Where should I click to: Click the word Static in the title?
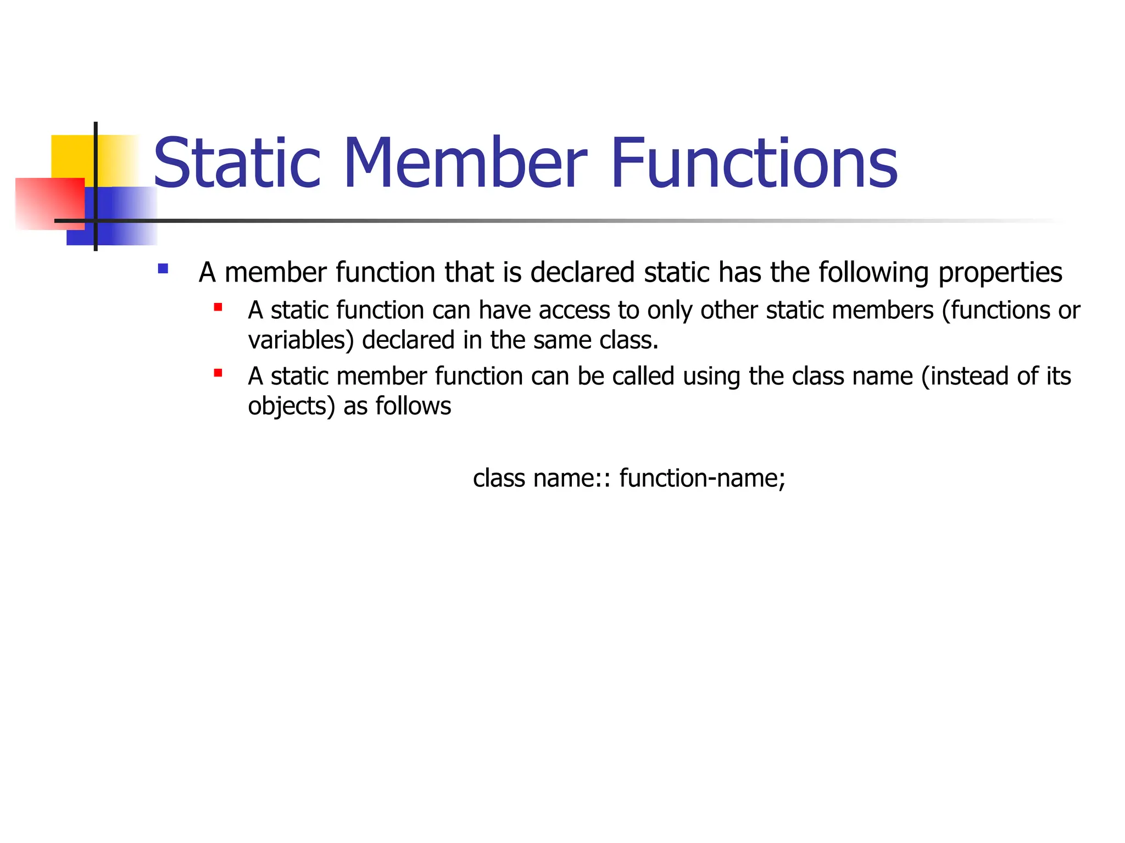[x=236, y=164]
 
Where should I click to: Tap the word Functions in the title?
[x=754, y=164]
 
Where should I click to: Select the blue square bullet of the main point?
[x=163, y=269]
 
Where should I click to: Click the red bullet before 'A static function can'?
[x=218, y=307]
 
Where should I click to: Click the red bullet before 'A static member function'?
[x=218, y=373]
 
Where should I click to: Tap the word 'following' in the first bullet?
[x=873, y=273]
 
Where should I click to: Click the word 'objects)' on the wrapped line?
[x=291, y=407]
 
